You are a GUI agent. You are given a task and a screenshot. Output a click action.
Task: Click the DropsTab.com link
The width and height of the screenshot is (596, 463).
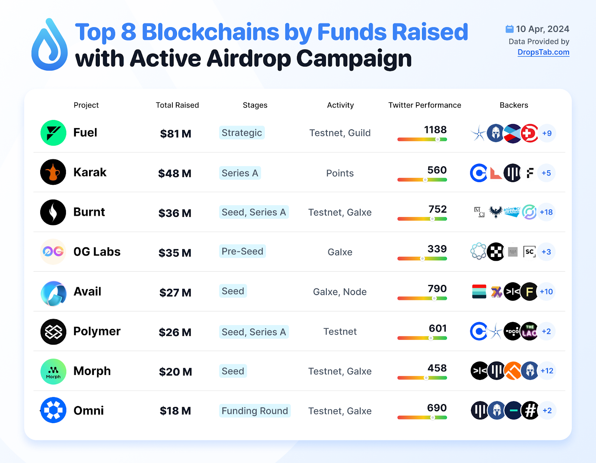[x=543, y=52]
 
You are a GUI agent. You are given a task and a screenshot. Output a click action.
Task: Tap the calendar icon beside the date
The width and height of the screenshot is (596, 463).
[x=509, y=29]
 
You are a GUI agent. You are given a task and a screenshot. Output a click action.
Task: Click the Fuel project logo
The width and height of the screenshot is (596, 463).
[x=53, y=133]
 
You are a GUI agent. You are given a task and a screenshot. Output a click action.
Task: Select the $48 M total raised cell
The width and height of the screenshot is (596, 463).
[x=175, y=173]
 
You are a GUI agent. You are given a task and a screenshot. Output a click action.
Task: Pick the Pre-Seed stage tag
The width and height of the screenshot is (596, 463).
[x=242, y=251]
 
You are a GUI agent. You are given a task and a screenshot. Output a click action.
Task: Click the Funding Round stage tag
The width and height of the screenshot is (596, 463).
[x=255, y=411]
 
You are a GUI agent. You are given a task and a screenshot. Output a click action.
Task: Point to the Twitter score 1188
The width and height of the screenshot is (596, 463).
[x=435, y=130]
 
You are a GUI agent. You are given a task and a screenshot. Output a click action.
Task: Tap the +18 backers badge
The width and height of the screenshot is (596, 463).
[x=546, y=212]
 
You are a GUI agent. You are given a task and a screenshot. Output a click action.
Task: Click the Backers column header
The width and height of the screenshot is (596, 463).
[x=514, y=105]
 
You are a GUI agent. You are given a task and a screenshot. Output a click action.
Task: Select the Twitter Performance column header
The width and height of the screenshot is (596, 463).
[x=425, y=105]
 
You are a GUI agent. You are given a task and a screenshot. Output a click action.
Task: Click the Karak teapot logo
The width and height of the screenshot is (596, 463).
[x=53, y=172]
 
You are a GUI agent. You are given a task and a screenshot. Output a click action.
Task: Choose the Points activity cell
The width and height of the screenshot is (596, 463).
[x=340, y=173]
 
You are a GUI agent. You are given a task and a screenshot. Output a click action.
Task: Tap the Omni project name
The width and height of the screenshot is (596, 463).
[x=89, y=410]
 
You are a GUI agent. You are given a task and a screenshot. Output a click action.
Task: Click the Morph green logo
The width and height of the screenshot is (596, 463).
[x=53, y=371]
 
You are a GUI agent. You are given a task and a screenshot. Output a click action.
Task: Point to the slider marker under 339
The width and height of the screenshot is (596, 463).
[x=422, y=259]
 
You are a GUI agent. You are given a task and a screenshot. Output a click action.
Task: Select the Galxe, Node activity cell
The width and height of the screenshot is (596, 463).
[x=340, y=292]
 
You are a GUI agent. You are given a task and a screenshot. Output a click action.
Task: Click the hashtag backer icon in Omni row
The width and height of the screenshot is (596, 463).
[x=530, y=410]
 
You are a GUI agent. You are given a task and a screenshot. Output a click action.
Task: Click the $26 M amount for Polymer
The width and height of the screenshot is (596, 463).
[x=175, y=332]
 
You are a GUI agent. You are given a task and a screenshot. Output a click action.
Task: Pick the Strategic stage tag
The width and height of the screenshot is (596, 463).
[x=242, y=133]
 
